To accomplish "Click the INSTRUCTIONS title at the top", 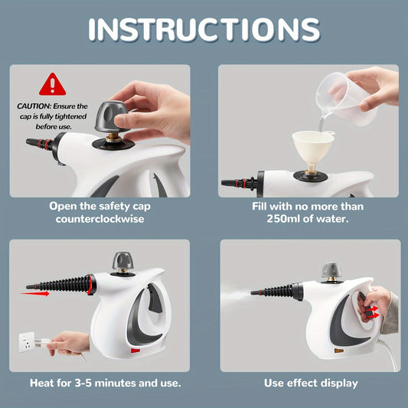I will (x=204, y=29).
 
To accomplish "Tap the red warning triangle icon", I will (x=52, y=84).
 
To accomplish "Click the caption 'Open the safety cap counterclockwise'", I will (x=99, y=212).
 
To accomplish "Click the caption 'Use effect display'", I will (x=310, y=383).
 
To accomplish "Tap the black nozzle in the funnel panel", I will (x=238, y=183).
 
